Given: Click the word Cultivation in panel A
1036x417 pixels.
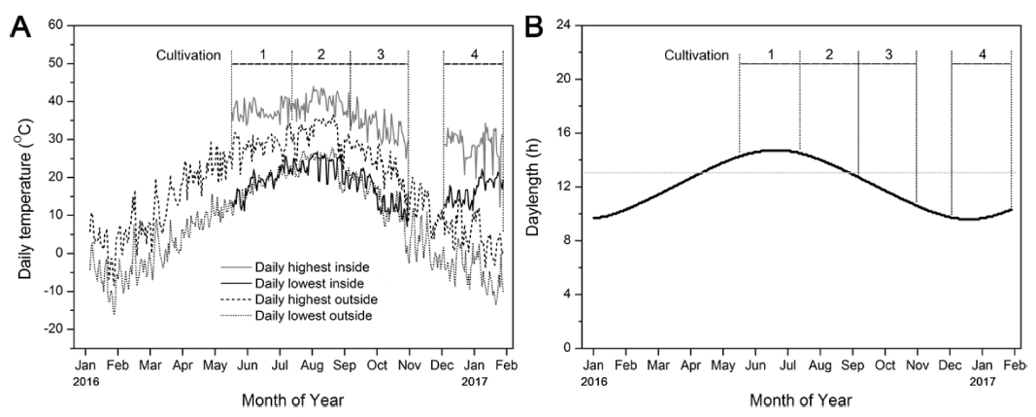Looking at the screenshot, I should (x=189, y=53).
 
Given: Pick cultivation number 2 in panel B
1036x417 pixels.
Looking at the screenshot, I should (x=828, y=54).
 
